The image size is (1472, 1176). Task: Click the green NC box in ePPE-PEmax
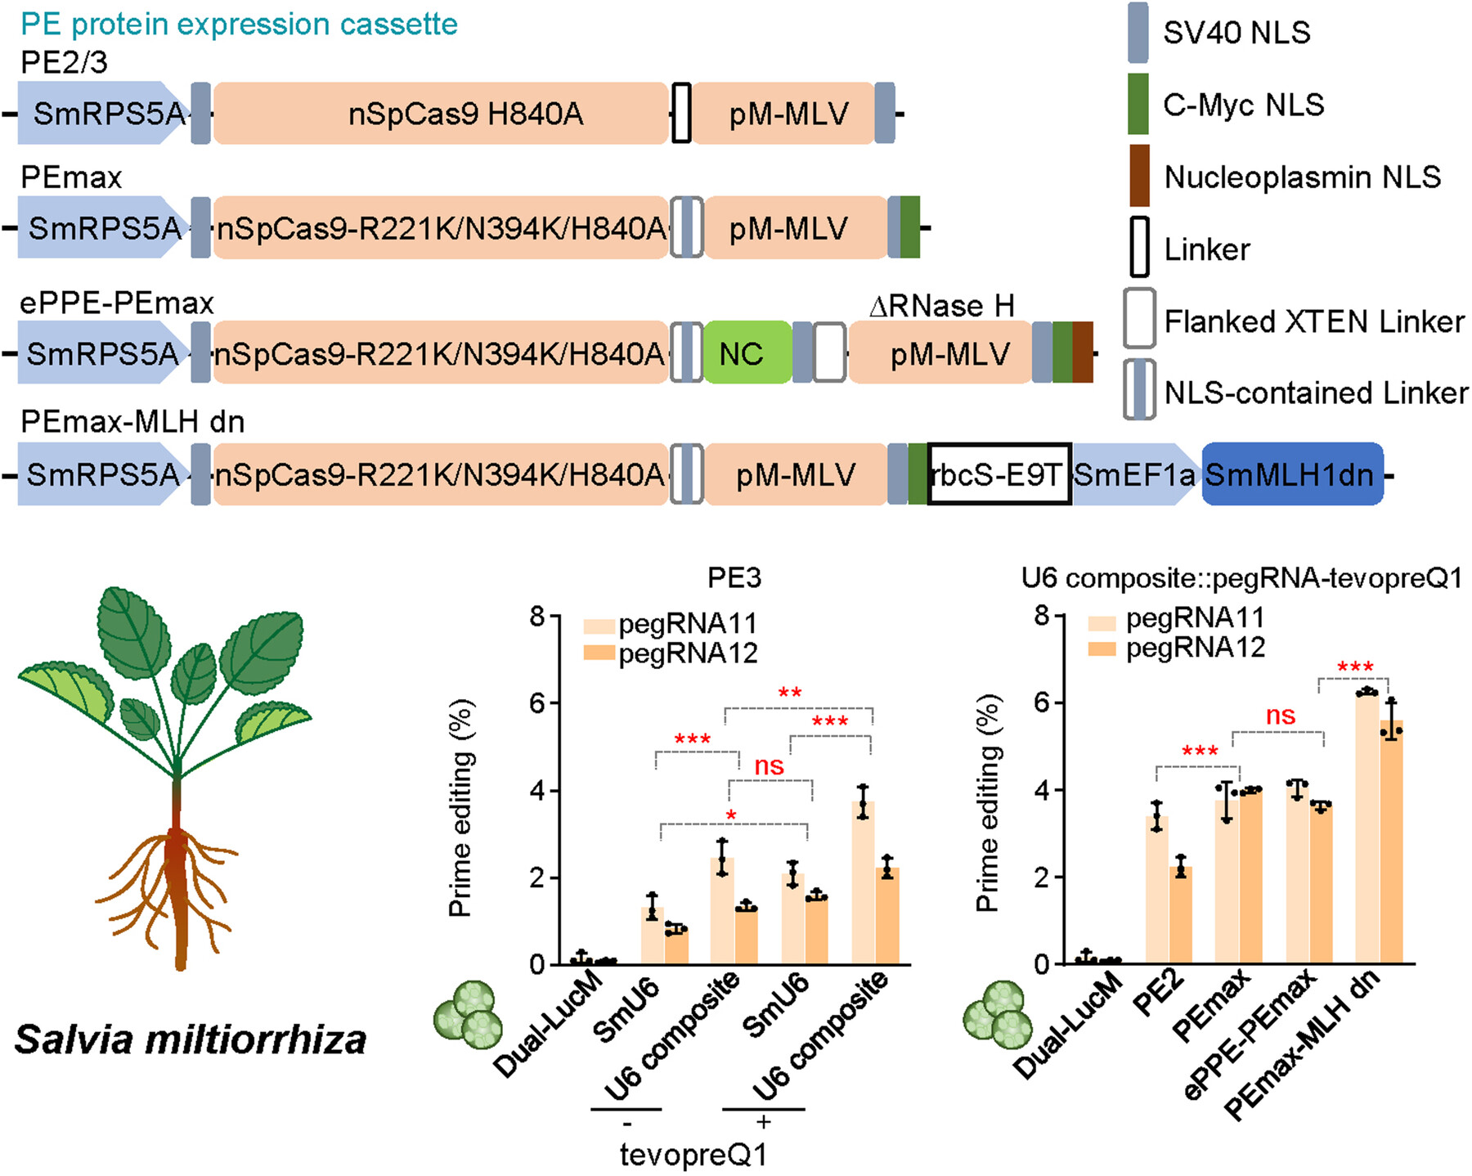746,353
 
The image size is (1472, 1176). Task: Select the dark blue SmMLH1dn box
1292,474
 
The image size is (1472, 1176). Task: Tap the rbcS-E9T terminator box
999,474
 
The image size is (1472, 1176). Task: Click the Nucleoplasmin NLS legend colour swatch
1138,176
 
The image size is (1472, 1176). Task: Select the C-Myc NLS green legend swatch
1138,104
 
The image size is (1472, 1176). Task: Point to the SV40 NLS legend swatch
1138,33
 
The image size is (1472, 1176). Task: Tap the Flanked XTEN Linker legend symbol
1139,319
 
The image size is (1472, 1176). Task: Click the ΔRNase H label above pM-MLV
941,306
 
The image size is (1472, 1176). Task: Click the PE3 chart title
734,578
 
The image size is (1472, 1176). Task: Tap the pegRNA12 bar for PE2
1180,916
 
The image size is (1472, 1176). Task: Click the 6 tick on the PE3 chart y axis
536,703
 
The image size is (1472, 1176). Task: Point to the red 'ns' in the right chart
1280,716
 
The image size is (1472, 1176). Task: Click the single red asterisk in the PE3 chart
731,816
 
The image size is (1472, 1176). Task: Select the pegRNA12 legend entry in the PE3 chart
671,653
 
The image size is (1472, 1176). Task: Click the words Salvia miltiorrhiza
191,1040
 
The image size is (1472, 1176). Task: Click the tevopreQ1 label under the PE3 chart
693,1155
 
